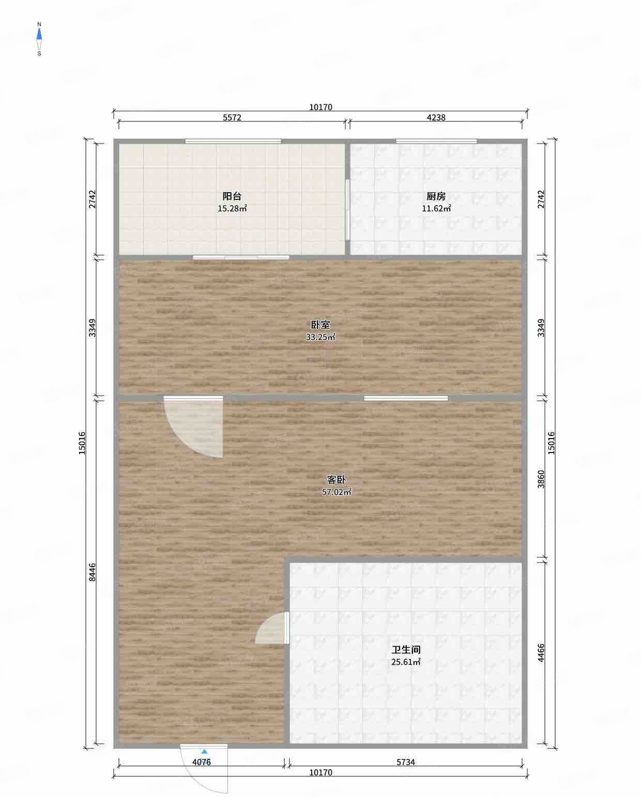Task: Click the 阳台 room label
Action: click(232, 196)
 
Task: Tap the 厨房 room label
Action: click(436, 196)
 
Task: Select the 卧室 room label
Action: click(320, 324)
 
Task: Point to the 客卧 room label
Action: click(336, 480)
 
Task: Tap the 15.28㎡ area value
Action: click(232, 209)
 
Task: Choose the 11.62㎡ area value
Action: click(436, 209)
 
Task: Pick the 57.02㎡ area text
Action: click(336, 492)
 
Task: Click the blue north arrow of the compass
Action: click(39, 34)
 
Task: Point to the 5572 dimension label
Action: click(232, 117)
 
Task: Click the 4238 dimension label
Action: click(436, 117)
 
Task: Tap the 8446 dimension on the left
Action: click(92, 572)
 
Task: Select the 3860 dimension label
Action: click(541, 479)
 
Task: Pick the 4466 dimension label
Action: click(541, 652)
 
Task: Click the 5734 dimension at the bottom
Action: click(406, 762)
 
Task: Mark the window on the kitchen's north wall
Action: click(436, 140)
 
